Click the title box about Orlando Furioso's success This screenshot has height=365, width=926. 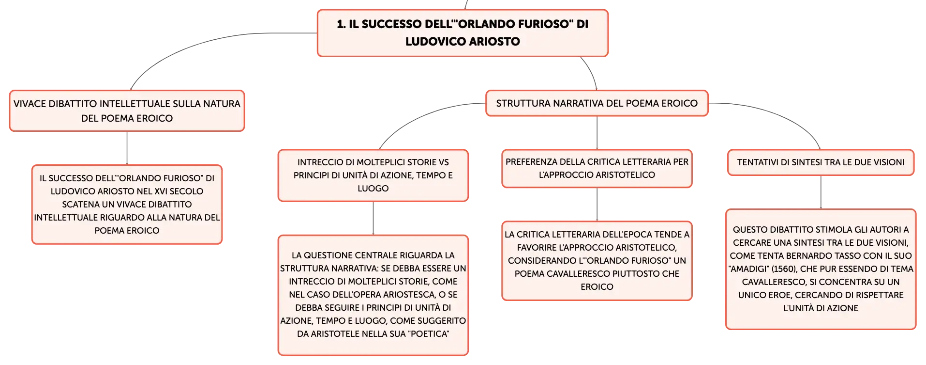(463, 33)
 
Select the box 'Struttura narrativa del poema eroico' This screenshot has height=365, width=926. (597, 103)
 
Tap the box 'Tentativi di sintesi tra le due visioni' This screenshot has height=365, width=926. (821, 162)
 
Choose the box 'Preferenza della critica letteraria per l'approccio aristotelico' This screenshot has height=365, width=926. (597, 168)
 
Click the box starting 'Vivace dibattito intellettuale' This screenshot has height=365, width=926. (127, 111)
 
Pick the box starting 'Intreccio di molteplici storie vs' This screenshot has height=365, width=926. (373, 175)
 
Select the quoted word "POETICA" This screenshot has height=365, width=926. (429, 334)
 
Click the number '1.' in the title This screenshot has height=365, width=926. (342, 24)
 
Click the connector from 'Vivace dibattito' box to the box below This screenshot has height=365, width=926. (127, 148)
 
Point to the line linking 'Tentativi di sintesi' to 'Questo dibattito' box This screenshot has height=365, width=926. (821, 192)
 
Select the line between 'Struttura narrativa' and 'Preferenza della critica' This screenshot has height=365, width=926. (597, 133)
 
